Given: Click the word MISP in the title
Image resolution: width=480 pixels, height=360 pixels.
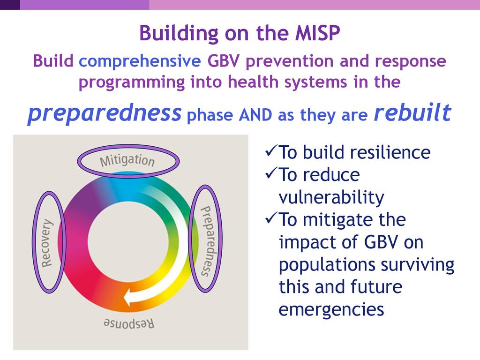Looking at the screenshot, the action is (x=317, y=33).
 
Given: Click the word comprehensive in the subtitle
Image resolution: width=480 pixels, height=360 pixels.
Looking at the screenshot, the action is (x=140, y=61).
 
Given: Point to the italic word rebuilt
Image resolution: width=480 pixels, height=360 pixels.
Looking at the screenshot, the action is (x=412, y=112).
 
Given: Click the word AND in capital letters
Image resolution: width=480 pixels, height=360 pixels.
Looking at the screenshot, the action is (x=255, y=115).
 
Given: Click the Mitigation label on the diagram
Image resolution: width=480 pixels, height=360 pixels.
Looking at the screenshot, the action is (x=127, y=160).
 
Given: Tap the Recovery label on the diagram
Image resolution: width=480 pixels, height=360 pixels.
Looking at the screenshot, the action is (x=47, y=243).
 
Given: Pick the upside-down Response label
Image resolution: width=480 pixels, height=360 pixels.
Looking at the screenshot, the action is (x=128, y=323).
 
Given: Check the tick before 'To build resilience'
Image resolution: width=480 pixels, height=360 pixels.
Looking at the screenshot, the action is (x=271, y=150).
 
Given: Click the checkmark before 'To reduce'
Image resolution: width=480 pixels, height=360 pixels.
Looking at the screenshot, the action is (x=271, y=173).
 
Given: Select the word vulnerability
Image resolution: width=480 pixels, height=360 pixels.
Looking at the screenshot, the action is (x=331, y=197).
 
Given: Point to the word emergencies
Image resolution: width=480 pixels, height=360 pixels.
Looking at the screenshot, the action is (x=331, y=310).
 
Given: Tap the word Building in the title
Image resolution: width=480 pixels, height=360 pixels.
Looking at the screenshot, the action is (x=179, y=33).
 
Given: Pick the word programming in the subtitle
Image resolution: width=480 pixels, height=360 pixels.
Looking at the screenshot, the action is (x=132, y=82).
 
